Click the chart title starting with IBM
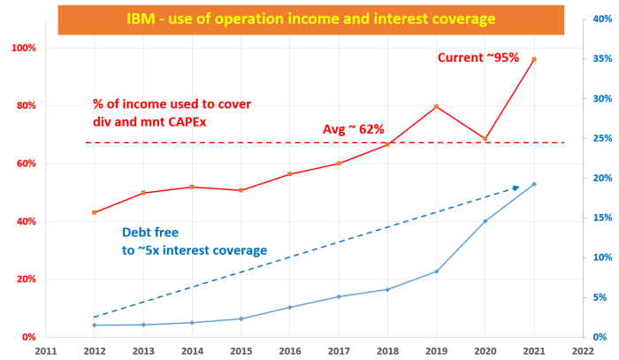point(309,18)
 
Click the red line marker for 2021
point(534,59)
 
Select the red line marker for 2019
point(436,107)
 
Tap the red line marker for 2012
point(95,212)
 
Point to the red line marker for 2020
point(485,139)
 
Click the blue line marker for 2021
point(534,184)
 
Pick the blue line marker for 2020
point(485,221)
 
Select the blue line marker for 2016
point(289,307)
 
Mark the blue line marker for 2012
point(95,326)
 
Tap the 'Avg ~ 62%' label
point(353,129)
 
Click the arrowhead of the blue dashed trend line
point(516,187)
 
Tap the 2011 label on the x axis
point(46,350)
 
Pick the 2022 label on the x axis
point(583,350)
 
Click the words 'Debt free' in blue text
point(150,233)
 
